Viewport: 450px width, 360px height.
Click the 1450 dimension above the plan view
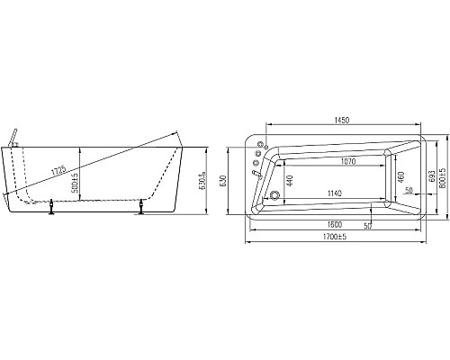(x=342, y=121)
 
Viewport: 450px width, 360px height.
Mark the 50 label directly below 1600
(x=368, y=225)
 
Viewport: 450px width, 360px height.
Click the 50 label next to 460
(x=408, y=191)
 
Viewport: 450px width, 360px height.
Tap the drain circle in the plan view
(x=274, y=195)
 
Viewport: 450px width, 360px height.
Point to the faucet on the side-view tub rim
(x=13, y=135)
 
